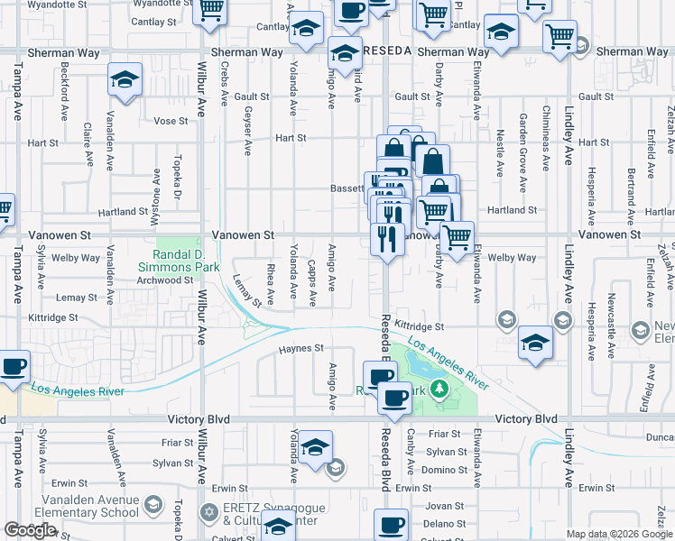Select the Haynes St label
(x=301, y=348)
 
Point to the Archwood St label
(x=163, y=280)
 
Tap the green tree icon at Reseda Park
(x=439, y=389)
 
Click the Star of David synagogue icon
(x=210, y=512)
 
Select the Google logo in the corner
(x=30, y=530)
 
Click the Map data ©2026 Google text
(x=618, y=534)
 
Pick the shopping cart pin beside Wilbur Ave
(x=210, y=11)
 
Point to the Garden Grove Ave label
(x=523, y=152)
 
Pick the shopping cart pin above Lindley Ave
(x=561, y=36)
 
